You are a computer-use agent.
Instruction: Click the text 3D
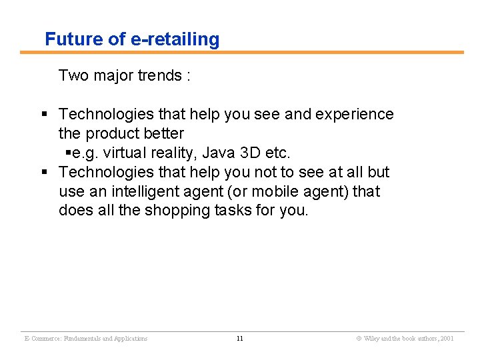249,153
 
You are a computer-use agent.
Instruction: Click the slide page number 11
240,339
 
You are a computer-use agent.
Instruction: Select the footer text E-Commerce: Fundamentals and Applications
86,339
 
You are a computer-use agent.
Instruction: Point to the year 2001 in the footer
446,339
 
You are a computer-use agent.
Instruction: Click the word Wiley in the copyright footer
371,339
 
